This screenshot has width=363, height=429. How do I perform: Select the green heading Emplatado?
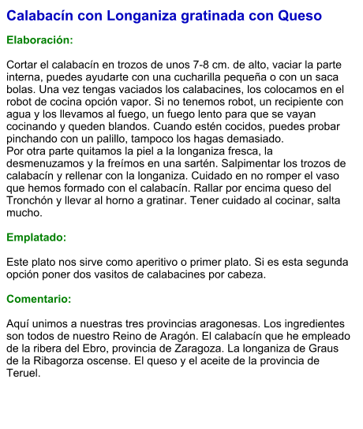pyautogui.click(x=36, y=237)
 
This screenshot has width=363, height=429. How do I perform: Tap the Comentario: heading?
pyautogui.click(x=39, y=299)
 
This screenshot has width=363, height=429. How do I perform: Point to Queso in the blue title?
pyautogui.click(x=301, y=16)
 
